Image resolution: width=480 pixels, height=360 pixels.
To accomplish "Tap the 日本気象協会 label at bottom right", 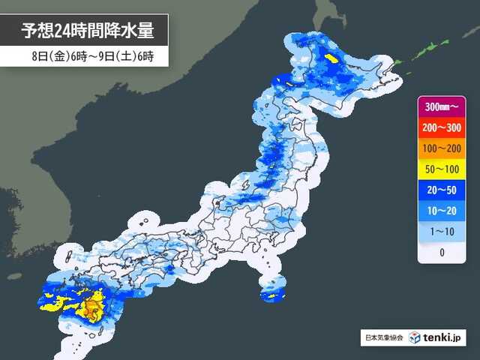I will pos(382,338).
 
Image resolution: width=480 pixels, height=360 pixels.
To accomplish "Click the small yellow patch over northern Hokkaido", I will pos(331,57).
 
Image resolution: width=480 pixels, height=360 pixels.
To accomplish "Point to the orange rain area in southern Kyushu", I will pos(92,307).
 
